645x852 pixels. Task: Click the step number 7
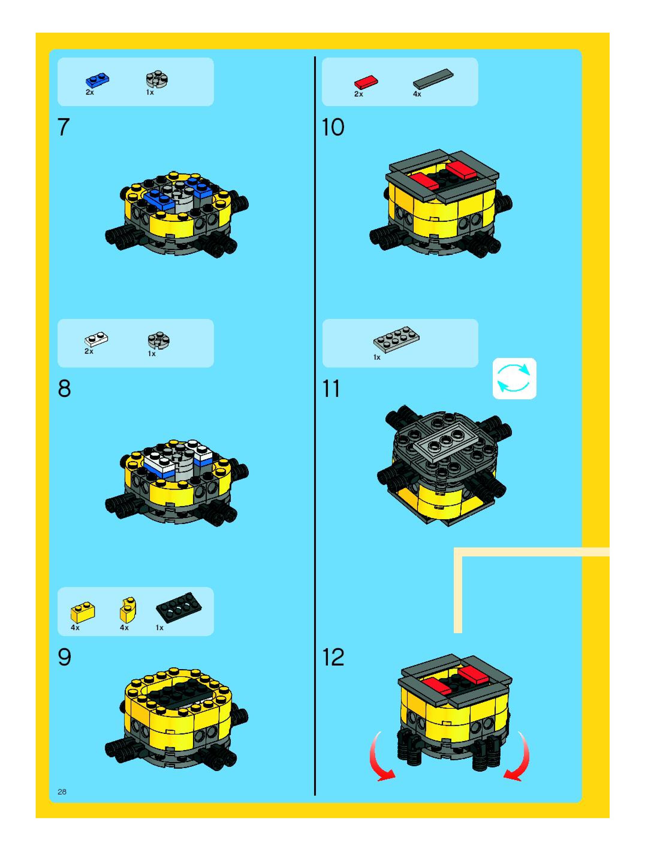pos(64,127)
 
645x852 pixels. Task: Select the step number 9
pos(64,657)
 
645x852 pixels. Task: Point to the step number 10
pos(333,127)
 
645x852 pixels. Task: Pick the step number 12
pos(333,657)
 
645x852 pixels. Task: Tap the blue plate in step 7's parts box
pos(97,80)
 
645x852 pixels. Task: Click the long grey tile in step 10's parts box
pos(433,79)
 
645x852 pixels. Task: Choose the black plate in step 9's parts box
pos(179,606)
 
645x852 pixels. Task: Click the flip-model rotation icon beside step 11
pos(514,379)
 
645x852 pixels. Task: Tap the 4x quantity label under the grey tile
pos(417,94)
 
